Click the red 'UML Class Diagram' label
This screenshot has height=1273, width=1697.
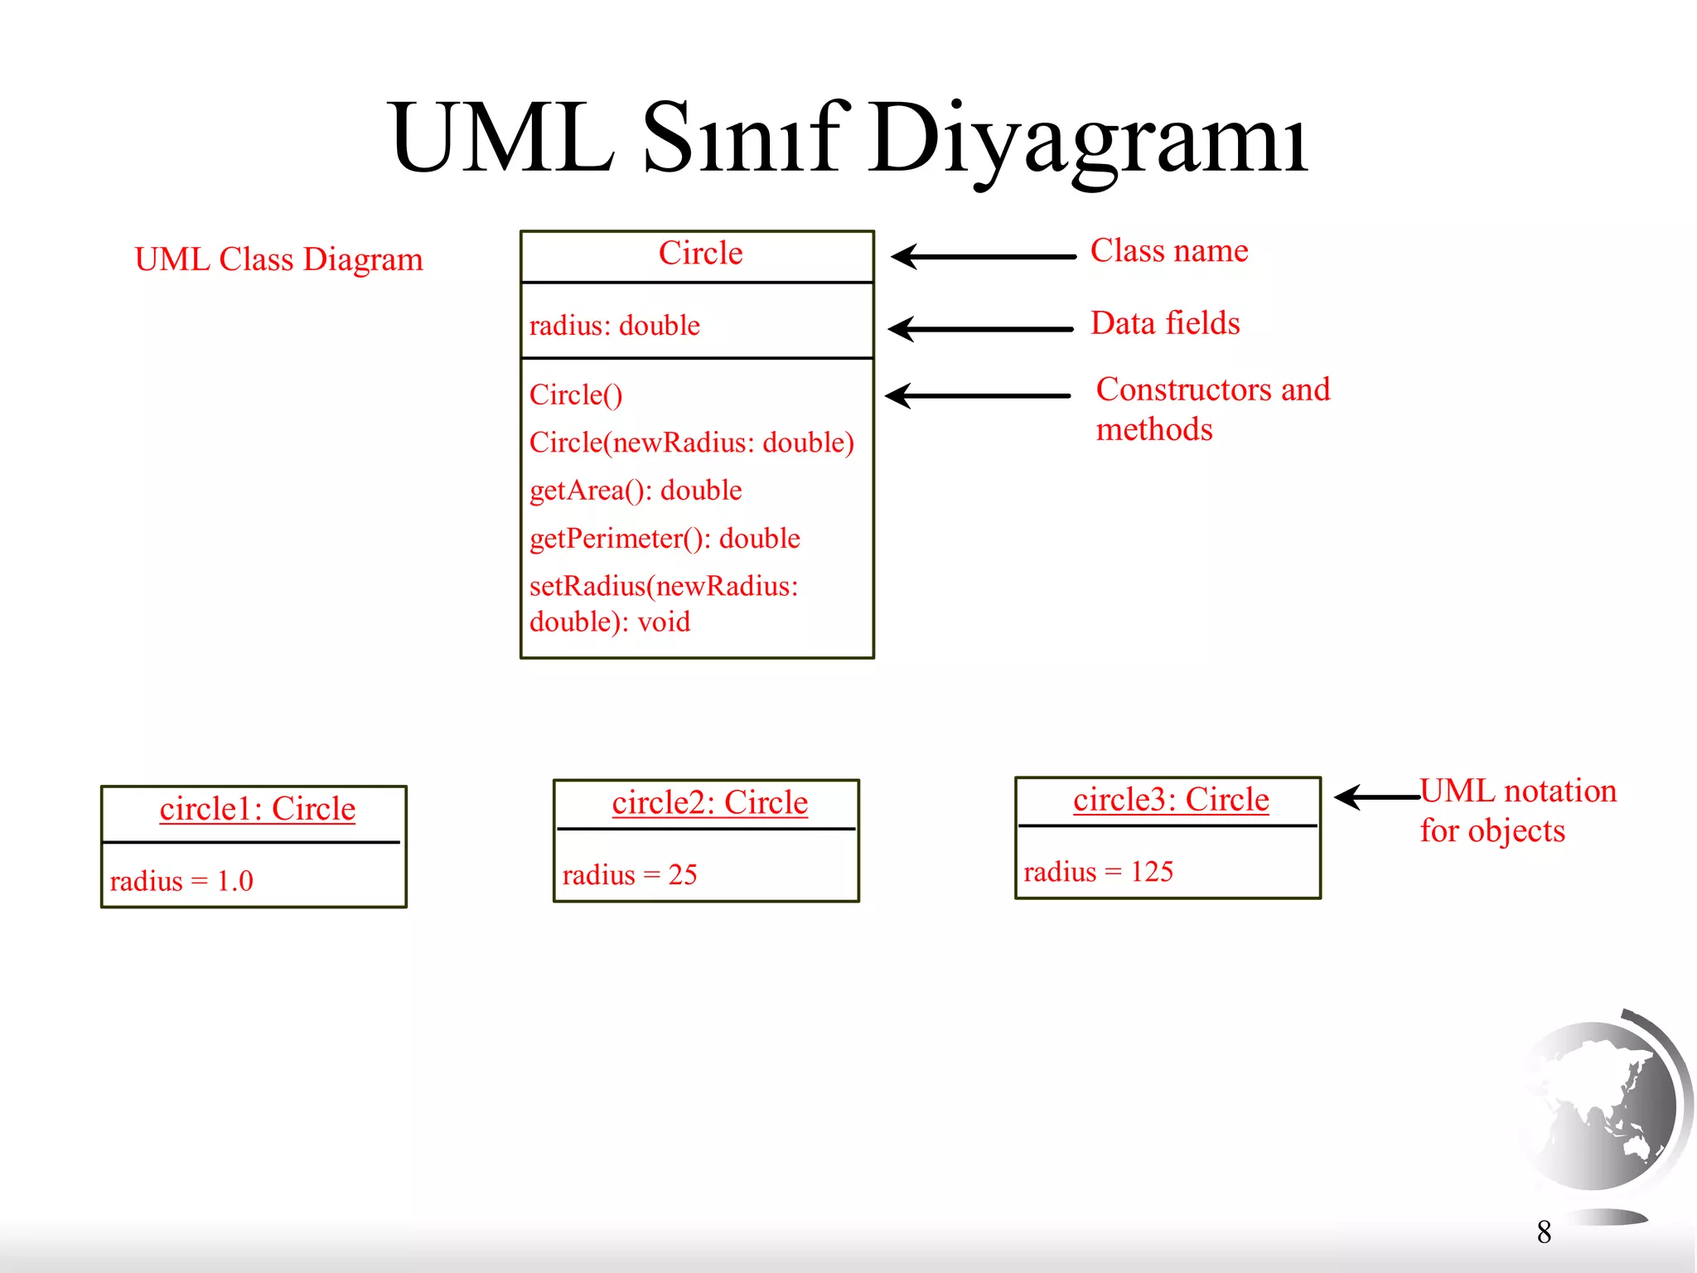278,259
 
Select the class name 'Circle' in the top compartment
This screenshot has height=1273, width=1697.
700,253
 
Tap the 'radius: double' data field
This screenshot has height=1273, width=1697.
614,326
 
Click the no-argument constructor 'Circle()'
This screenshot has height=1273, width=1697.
576,395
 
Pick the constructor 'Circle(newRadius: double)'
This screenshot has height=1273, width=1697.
691,443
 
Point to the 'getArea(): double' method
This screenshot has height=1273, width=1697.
636,491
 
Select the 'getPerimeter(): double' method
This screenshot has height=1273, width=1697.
665,539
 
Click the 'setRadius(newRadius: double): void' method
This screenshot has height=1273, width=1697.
663,603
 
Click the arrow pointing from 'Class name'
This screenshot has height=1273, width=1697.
983,257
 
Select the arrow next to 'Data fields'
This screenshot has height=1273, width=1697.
981,329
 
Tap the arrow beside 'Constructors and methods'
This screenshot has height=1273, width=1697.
978,396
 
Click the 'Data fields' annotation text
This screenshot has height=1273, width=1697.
1165,323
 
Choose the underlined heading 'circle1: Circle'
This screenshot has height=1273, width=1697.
257,809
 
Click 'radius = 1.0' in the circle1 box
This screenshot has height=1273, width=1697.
181,881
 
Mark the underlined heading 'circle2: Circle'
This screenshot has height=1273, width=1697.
709,803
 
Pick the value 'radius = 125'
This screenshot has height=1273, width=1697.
1098,872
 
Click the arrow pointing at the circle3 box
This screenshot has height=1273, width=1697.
1376,797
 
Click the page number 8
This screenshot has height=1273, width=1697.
1544,1232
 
